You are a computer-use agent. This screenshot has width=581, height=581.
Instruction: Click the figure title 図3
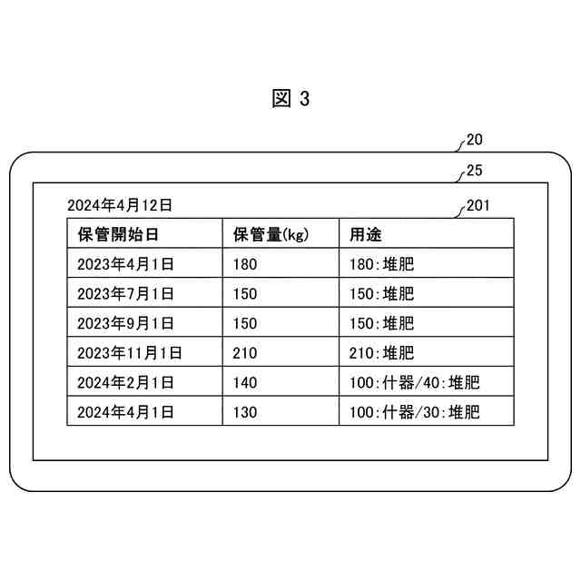tap(290, 100)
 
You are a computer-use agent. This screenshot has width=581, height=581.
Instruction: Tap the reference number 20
tap(474, 141)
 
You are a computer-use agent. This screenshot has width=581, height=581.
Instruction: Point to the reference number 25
tap(474, 170)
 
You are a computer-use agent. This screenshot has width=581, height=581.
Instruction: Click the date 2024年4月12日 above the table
tap(120, 205)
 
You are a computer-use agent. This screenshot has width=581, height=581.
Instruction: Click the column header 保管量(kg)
tap(271, 234)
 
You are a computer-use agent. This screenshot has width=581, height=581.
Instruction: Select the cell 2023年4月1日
tap(125, 264)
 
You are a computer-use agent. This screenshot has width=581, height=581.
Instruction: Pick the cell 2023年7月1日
tap(125, 293)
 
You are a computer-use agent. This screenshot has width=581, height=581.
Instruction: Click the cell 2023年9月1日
tap(125, 323)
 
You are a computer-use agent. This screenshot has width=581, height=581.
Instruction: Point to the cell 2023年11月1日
tap(130, 352)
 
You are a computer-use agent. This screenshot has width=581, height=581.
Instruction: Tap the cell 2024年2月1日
tap(125, 382)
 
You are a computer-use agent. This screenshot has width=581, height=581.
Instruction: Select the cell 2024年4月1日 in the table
tap(125, 412)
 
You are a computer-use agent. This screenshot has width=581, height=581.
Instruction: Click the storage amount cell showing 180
tap(245, 264)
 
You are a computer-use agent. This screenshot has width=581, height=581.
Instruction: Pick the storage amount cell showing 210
tap(245, 352)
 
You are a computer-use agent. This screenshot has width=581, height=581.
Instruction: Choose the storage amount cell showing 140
tap(245, 382)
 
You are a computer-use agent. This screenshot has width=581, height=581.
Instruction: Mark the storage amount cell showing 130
tap(245, 412)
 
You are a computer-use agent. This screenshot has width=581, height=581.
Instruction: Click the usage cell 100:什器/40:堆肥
tap(414, 382)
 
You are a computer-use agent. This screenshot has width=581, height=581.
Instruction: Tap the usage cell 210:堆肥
tap(382, 352)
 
